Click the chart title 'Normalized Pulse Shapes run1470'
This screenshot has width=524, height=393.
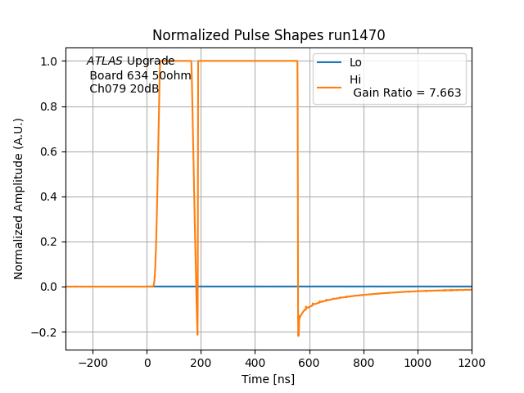[x=269, y=35]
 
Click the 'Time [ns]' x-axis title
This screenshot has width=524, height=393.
[x=269, y=379]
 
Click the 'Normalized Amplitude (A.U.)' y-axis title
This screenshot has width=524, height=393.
[x=19, y=198]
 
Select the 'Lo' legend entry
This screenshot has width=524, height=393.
[x=355, y=63]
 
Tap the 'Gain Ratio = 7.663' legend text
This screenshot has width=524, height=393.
[x=408, y=93]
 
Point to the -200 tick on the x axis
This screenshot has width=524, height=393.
[x=93, y=363]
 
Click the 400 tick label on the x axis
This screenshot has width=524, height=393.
[x=255, y=363]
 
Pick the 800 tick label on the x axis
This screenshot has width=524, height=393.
[x=363, y=363]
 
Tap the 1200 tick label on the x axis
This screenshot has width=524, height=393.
[x=471, y=363]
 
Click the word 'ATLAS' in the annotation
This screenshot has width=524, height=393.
[x=105, y=61]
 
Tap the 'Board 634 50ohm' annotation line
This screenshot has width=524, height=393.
[x=140, y=75]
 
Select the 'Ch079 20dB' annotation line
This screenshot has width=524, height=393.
[x=124, y=88]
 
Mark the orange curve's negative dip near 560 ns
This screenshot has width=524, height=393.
[x=298, y=334]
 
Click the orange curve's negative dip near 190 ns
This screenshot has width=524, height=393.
[x=197, y=333]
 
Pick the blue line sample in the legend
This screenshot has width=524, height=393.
[x=329, y=63]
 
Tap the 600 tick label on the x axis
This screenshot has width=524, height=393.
[x=309, y=363]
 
